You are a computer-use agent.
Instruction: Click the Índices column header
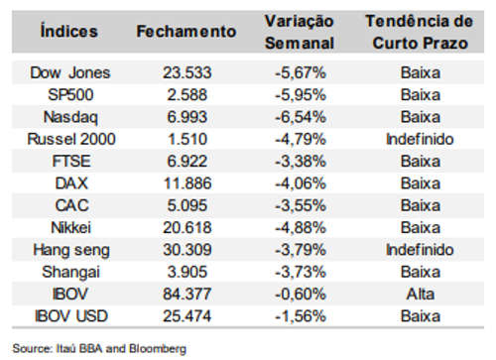pos(69,31)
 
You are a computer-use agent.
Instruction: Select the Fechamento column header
pos(186,32)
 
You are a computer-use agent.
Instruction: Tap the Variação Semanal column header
pos(300,32)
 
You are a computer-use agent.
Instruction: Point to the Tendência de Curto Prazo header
pos(420,32)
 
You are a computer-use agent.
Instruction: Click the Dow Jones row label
pos(70,72)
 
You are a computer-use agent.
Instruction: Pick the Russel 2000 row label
pos(71,139)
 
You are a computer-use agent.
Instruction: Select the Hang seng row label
pos(71,250)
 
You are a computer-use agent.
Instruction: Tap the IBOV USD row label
pos(71,316)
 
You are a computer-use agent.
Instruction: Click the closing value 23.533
pos(187,72)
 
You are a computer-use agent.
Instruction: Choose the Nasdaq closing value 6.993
pos(187,117)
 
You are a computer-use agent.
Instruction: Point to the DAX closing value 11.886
pos(187,183)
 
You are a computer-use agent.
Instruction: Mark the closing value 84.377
pos(187,294)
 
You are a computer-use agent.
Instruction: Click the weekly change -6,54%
pos(301,117)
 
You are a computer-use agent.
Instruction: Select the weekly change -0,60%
pos(301,294)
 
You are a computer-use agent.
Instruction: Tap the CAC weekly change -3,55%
pos(301,205)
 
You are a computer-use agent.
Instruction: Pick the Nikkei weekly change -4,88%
pos(301,228)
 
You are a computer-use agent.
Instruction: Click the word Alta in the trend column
pos(421,294)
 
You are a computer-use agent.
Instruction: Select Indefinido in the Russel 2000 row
pos(420,139)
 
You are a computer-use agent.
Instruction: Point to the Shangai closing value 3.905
pos(187,272)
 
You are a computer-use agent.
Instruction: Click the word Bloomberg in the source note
pos(158,349)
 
